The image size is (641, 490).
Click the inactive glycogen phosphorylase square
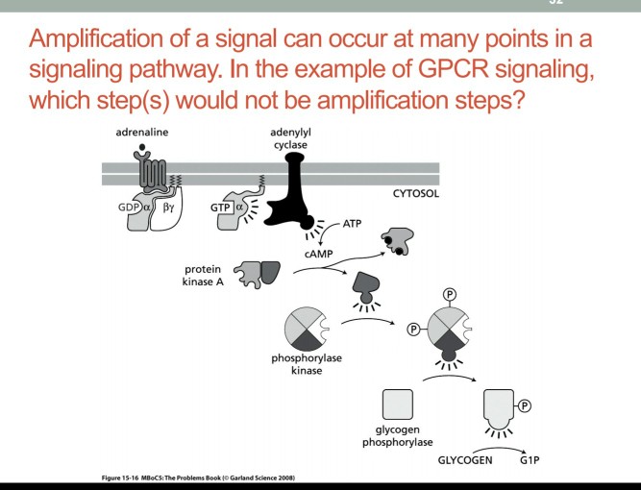(x=398, y=404)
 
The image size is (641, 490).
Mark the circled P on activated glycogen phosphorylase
(x=524, y=406)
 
